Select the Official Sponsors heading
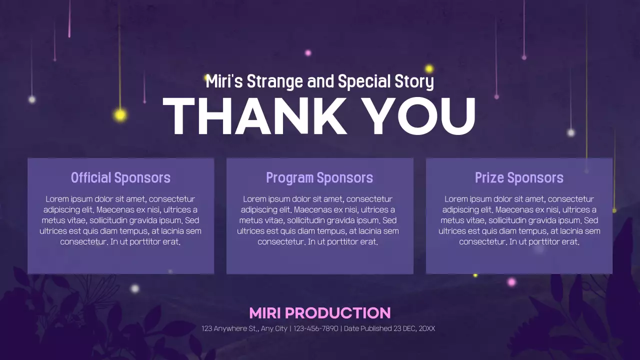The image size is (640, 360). (x=120, y=177)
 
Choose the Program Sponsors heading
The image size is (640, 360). (x=319, y=177)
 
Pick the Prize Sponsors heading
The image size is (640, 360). (x=519, y=177)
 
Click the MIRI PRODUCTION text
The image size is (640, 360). (x=319, y=313)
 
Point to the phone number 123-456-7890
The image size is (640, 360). (x=315, y=328)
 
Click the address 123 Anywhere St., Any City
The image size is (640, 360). (x=244, y=328)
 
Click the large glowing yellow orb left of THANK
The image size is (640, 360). (x=120, y=115)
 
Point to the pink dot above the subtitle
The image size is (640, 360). (x=308, y=53)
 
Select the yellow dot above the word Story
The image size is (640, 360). (x=429, y=68)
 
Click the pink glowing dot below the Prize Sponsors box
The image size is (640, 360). (x=511, y=282)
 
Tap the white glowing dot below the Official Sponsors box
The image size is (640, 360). (x=134, y=288)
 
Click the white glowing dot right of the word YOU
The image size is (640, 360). (x=571, y=132)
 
